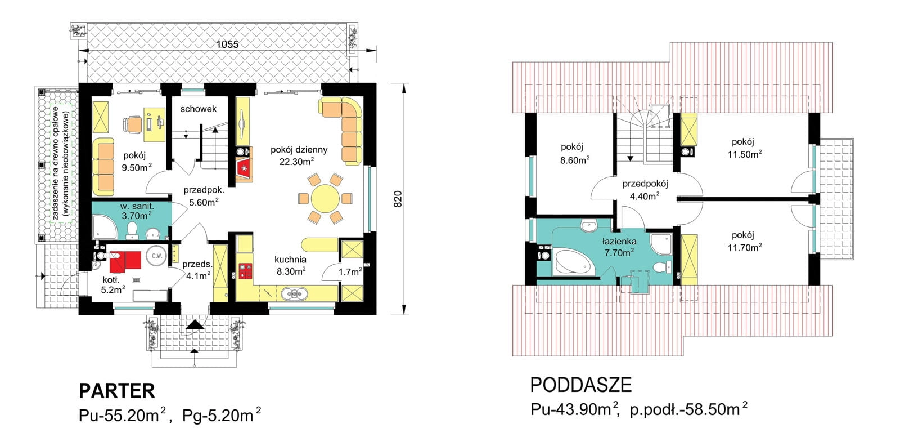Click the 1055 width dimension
coord(227,44)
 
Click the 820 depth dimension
coord(397,199)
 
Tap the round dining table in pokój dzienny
coord(325,199)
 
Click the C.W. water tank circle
coord(156,256)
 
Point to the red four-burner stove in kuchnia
coord(245,271)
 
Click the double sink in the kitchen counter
coord(295,294)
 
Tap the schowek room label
coord(199,109)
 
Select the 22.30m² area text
coord(297,162)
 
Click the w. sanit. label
coord(137,207)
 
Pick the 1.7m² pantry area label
coord(350,272)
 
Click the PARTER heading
coord(117,391)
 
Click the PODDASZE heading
coord(581,385)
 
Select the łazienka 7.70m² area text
coord(619,253)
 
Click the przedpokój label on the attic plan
coord(645,184)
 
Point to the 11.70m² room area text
coord(745,247)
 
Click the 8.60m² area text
coord(575,160)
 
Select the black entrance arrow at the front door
coord(195,325)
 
